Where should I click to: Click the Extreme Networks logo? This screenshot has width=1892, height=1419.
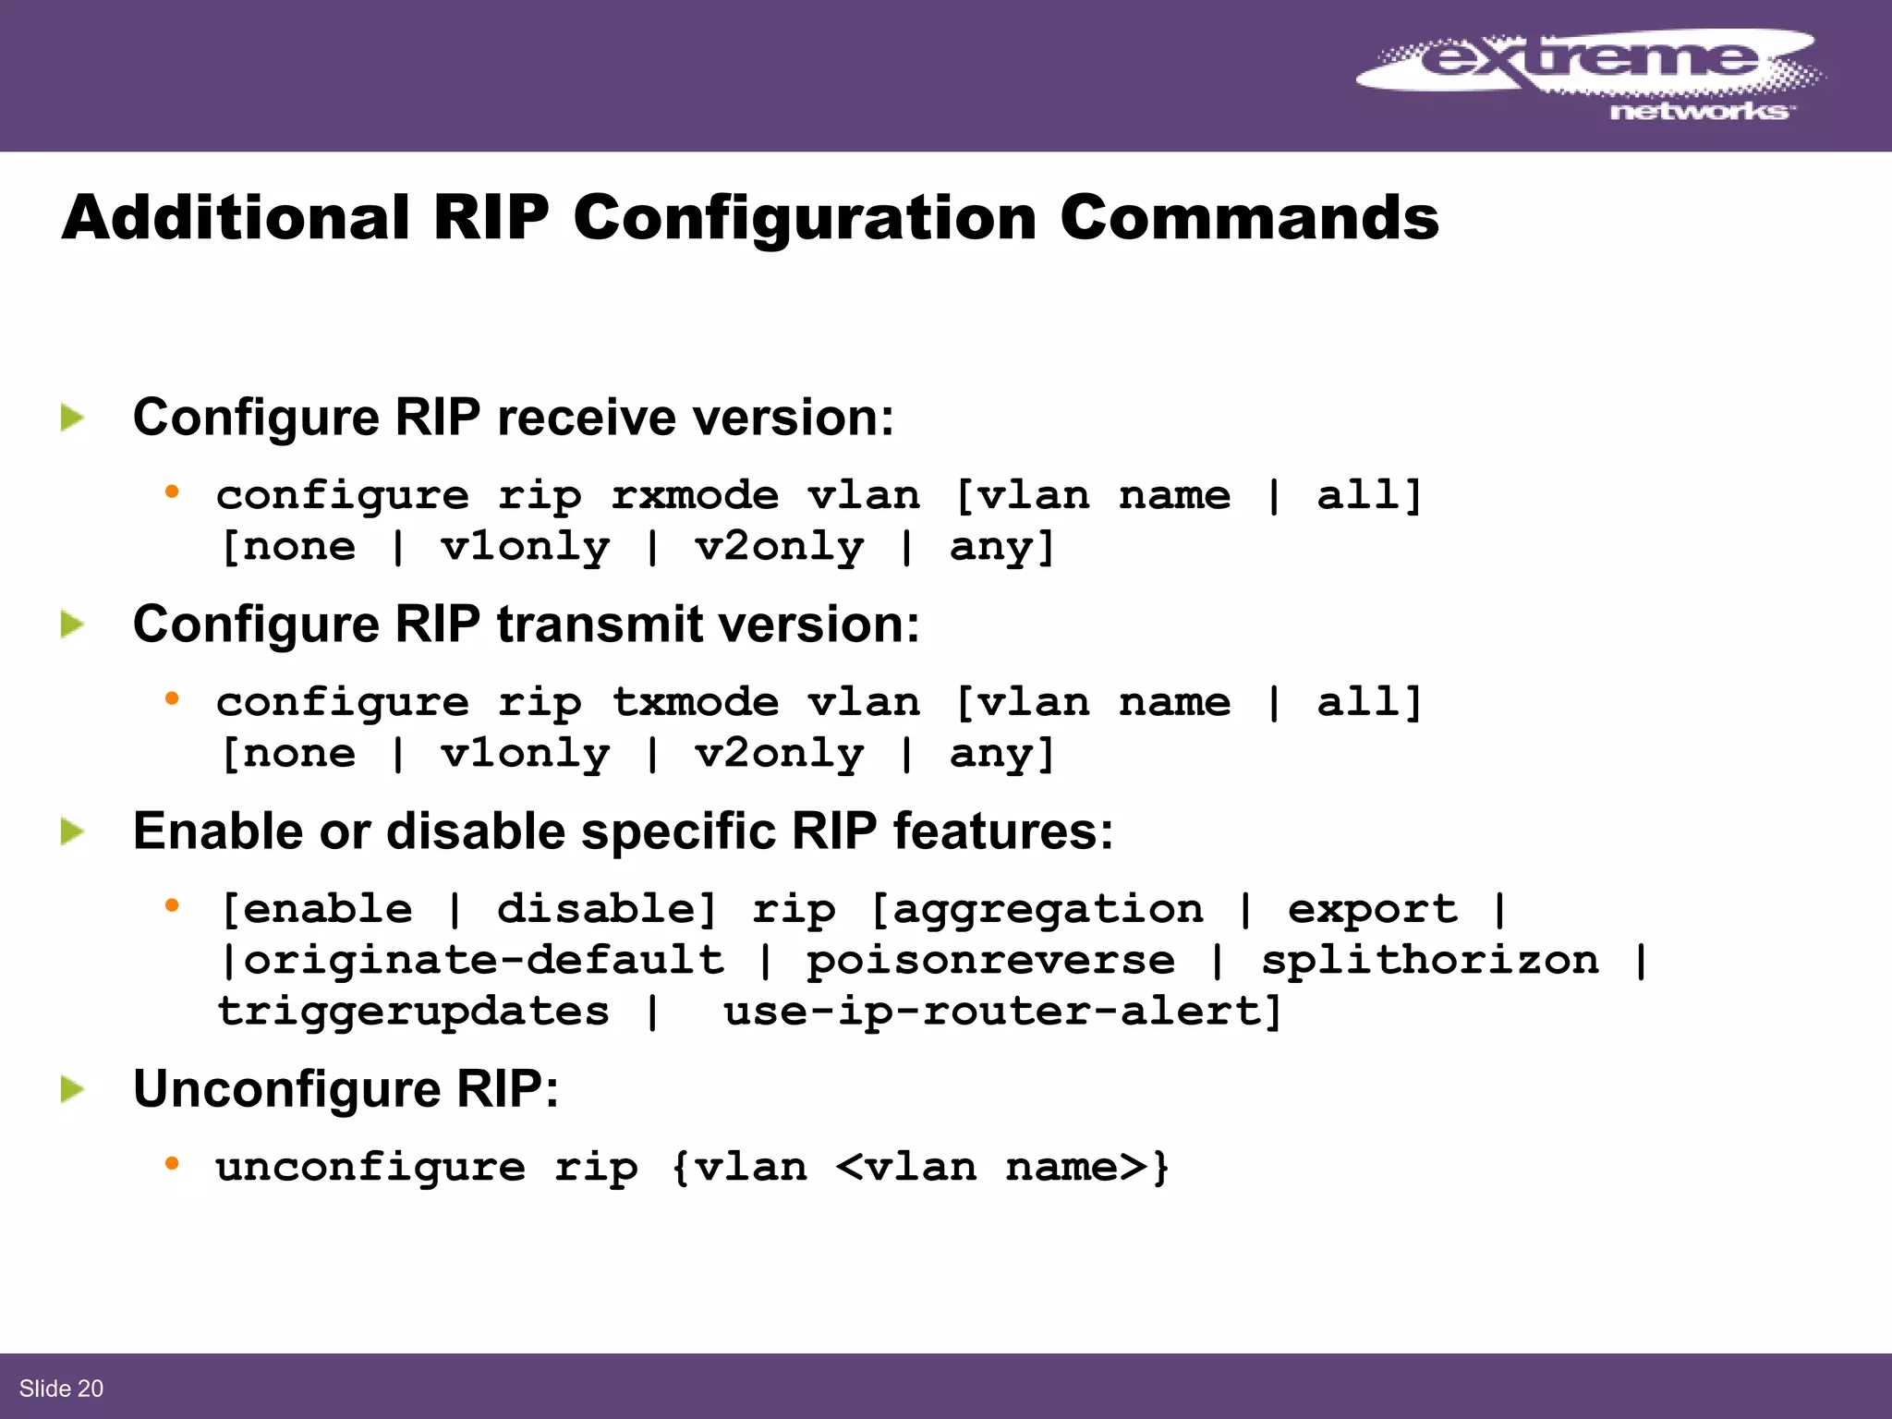pyautogui.click(x=1589, y=74)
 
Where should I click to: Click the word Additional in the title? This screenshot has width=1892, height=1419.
pyautogui.click(x=236, y=218)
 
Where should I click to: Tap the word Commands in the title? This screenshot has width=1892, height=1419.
pyautogui.click(x=1249, y=218)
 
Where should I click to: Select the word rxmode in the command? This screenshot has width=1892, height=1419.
pyautogui.click(x=695, y=496)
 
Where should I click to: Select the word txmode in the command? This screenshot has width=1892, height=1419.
pyautogui.click(x=695, y=703)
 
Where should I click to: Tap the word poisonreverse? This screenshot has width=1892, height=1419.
pyautogui.click(x=990, y=961)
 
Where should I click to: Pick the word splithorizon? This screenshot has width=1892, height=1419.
pyautogui.click(x=1430, y=961)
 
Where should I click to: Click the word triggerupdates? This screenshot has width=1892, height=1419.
pyautogui.click(x=413, y=1012)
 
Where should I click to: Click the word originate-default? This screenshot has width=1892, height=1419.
pyautogui.click(x=484, y=961)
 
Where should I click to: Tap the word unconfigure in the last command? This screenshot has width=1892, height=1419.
pyautogui.click(x=370, y=1168)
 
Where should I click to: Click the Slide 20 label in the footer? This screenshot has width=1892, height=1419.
pyautogui.click(x=61, y=1389)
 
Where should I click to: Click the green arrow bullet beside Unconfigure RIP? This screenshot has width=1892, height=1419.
pyautogui.click(x=72, y=1089)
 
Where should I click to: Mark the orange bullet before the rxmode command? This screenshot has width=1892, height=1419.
pyautogui.click(x=171, y=492)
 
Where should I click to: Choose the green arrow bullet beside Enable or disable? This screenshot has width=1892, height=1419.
pyautogui.click(x=72, y=831)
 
